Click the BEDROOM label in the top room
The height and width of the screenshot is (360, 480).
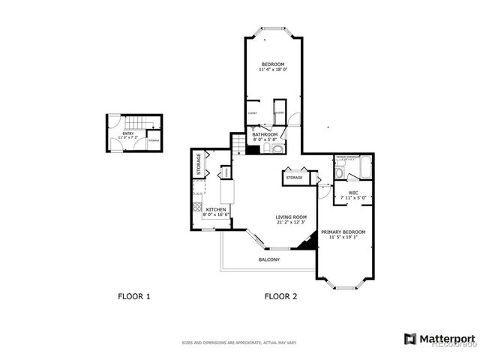click(273, 64)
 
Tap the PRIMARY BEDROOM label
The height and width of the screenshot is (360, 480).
click(343, 232)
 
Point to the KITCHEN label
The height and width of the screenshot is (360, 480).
click(215, 209)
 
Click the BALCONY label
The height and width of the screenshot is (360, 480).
click(269, 259)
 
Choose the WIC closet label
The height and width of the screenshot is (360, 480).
click(352, 193)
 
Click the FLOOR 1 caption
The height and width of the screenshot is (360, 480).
click(134, 296)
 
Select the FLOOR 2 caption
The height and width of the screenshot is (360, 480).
click(280, 296)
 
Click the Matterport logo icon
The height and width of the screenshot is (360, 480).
click(410, 339)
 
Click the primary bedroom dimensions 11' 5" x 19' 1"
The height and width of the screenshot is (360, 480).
click(343, 238)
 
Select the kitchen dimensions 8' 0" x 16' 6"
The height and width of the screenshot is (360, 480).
click(215, 215)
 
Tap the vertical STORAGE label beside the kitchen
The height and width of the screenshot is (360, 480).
click(199, 163)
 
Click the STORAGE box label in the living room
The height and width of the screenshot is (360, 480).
click(293, 178)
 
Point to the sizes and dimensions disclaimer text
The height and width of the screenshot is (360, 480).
click(239, 343)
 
